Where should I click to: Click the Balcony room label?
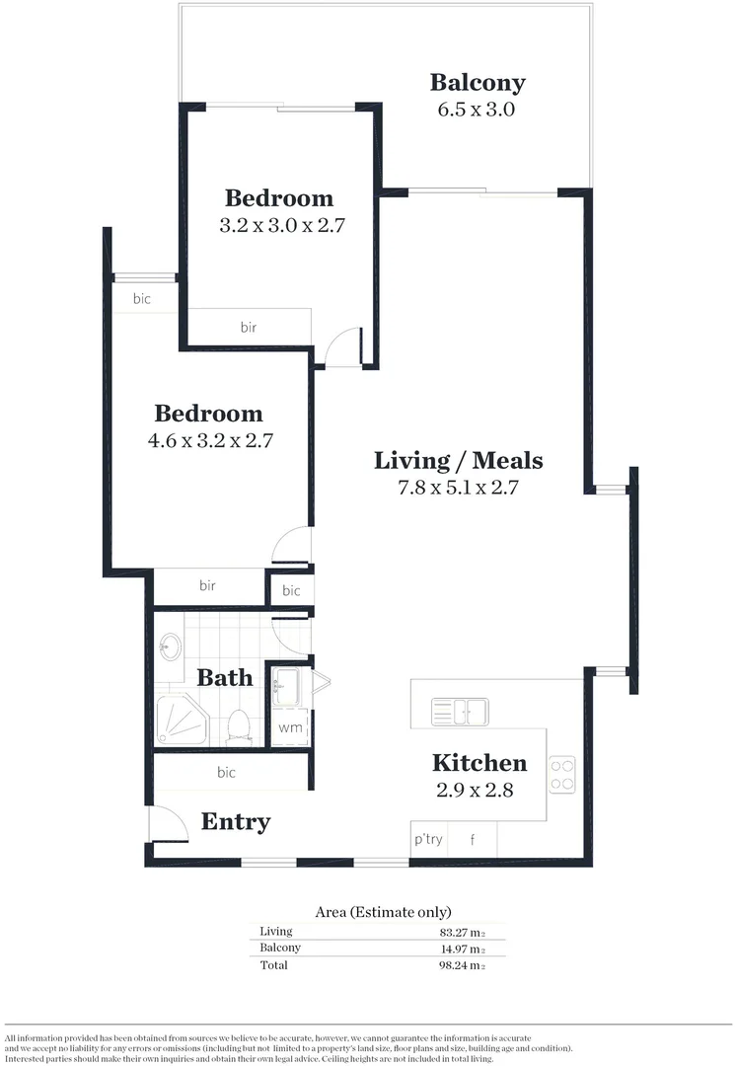(x=478, y=83)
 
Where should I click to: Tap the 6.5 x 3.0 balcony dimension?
(x=477, y=110)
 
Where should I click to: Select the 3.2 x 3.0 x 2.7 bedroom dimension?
(x=281, y=225)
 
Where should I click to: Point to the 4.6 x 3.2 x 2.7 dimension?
(x=209, y=441)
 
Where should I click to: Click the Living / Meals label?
(x=458, y=460)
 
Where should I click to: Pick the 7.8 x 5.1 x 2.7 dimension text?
(x=459, y=487)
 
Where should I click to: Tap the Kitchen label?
(x=479, y=763)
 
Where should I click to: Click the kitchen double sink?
(x=459, y=710)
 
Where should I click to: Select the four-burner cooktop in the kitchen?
(x=562, y=774)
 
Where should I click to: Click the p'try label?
(x=428, y=840)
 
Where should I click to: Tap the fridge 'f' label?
(x=473, y=840)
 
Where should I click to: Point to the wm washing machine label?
(x=289, y=728)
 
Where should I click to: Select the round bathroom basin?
(x=170, y=647)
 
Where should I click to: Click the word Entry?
(x=236, y=822)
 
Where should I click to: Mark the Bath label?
(x=225, y=678)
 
